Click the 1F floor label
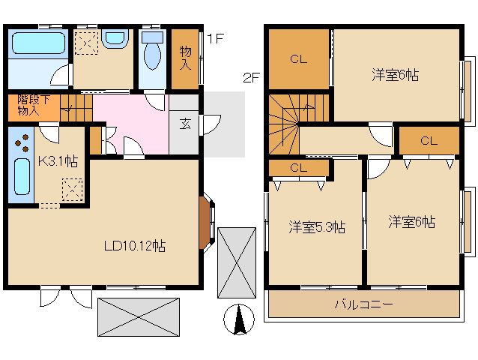(x=216, y=38)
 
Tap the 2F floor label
(x=251, y=78)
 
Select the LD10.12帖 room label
(x=135, y=246)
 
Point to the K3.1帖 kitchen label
(x=58, y=161)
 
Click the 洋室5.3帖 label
(x=317, y=227)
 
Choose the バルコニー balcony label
(x=363, y=304)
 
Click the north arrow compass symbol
(x=239, y=319)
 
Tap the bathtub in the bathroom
(x=38, y=43)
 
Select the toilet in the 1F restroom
(x=152, y=51)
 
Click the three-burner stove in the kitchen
(x=22, y=142)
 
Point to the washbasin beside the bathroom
(x=114, y=38)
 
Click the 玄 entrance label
(x=185, y=124)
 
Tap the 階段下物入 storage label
(x=33, y=105)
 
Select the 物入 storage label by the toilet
(x=185, y=58)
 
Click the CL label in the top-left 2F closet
(x=298, y=59)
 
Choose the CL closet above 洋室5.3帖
(x=298, y=168)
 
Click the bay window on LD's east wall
(x=208, y=223)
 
